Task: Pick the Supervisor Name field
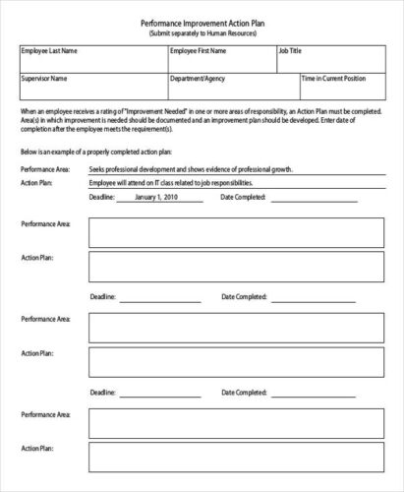pyautogui.click(x=90, y=87)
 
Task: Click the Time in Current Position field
pyautogui.click(x=340, y=87)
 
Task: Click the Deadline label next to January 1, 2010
pyautogui.click(x=102, y=197)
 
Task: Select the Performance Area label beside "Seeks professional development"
pyautogui.click(x=44, y=169)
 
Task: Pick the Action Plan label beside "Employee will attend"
pyautogui.click(x=36, y=182)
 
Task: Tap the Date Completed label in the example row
pyautogui.click(x=242, y=197)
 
